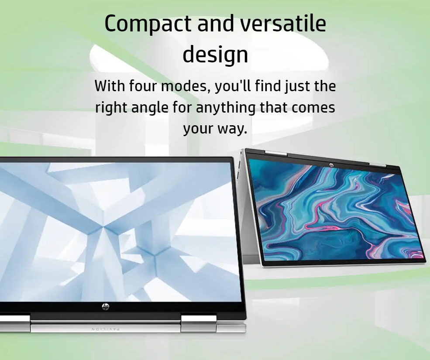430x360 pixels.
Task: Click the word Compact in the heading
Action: [x=148, y=24]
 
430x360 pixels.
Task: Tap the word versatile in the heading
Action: [x=283, y=23]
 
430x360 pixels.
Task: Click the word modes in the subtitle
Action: [x=185, y=86]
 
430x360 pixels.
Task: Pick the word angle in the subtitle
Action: [x=150, y=108]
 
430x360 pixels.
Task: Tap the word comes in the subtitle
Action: [x=313, y=108]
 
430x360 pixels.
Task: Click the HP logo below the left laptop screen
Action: [x=106, y=306]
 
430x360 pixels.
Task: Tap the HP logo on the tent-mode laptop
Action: [x=331, y=165]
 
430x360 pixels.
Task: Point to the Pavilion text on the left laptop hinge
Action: [x=106, y=329]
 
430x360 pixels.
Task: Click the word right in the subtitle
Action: [x=111, y=108]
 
